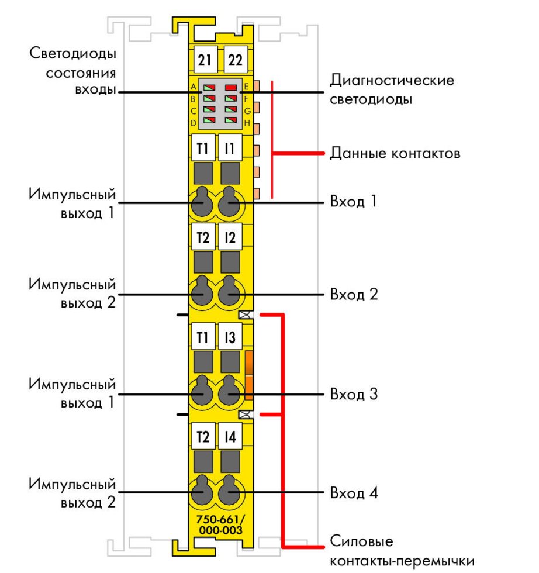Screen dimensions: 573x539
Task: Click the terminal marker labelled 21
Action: [205, 60]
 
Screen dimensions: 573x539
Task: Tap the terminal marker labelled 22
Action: [236, 60]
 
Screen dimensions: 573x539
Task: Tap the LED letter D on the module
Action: [193, 123]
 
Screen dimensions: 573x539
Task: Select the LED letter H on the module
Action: [247, 123]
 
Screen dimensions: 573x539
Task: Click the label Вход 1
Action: [354, 202]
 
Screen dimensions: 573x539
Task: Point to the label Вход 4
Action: [354, 493]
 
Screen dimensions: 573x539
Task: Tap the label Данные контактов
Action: [395, 154]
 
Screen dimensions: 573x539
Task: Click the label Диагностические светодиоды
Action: [392, 89]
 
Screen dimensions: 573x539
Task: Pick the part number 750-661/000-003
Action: [220, 524]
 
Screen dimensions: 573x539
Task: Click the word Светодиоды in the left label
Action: [73, 54]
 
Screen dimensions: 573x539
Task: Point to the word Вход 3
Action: [354, 394]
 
